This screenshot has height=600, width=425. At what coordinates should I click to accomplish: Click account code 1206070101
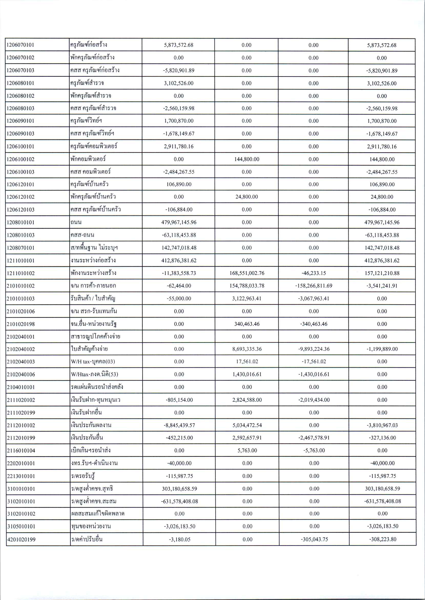(20, 45)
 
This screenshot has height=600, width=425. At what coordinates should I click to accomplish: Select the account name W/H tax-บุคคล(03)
(93, 362)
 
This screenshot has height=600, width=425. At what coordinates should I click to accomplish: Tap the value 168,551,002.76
(247, 273)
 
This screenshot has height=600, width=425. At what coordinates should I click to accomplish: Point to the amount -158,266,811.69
(314, 286)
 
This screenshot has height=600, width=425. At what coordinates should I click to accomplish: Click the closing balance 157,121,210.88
(382, 273)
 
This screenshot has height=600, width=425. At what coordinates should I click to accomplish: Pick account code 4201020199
(21, 539)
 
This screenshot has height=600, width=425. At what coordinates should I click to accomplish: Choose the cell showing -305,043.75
(314, 539)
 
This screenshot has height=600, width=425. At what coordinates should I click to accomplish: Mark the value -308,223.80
(383, 539)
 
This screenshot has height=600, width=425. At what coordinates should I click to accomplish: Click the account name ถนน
(76, 222)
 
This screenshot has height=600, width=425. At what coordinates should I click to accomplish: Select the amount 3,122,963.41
(247, 298)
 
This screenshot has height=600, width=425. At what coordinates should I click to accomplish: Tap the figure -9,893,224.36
(314, 349)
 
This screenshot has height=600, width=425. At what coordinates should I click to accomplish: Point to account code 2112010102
(21, 425)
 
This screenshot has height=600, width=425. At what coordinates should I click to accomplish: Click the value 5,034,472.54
(247, 425)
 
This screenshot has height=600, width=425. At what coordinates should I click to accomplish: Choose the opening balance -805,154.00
(179, 400)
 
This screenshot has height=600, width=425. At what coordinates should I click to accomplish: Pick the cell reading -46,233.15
(314, 273)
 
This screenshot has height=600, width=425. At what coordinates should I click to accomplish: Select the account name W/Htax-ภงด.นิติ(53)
(95, 374)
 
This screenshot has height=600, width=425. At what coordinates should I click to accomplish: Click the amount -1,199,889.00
(382, 349)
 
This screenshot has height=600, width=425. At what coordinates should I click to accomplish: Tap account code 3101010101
(21, 489)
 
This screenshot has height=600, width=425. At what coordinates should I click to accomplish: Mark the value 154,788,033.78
(247, 286)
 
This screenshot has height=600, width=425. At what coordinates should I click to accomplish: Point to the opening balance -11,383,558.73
(179, 273)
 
